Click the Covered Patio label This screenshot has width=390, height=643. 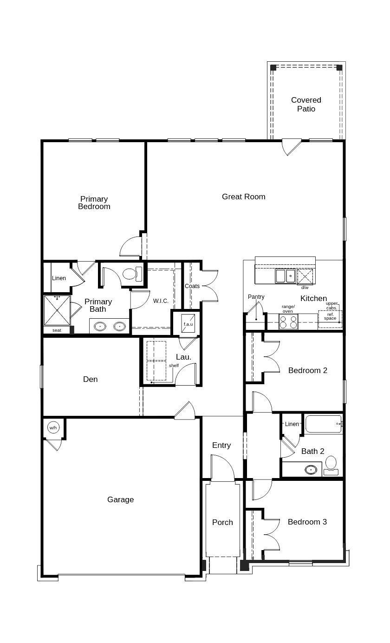306,105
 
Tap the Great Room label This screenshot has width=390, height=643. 243,197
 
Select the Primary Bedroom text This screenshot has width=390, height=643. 94,203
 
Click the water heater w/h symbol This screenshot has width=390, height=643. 53,427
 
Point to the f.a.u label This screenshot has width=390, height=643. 188,324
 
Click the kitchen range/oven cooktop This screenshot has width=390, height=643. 288,322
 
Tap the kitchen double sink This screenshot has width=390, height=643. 285,276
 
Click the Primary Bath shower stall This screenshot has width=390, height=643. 57,310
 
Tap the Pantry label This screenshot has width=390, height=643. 256,297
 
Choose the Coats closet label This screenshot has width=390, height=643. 192,286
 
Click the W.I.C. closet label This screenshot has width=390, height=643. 161,301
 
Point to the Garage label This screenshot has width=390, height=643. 120,499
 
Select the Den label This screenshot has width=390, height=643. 90,379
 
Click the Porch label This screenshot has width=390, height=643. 222,522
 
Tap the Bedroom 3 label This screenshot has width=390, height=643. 307,522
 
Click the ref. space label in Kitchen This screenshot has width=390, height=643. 330,316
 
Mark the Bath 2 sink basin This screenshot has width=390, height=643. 313,469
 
